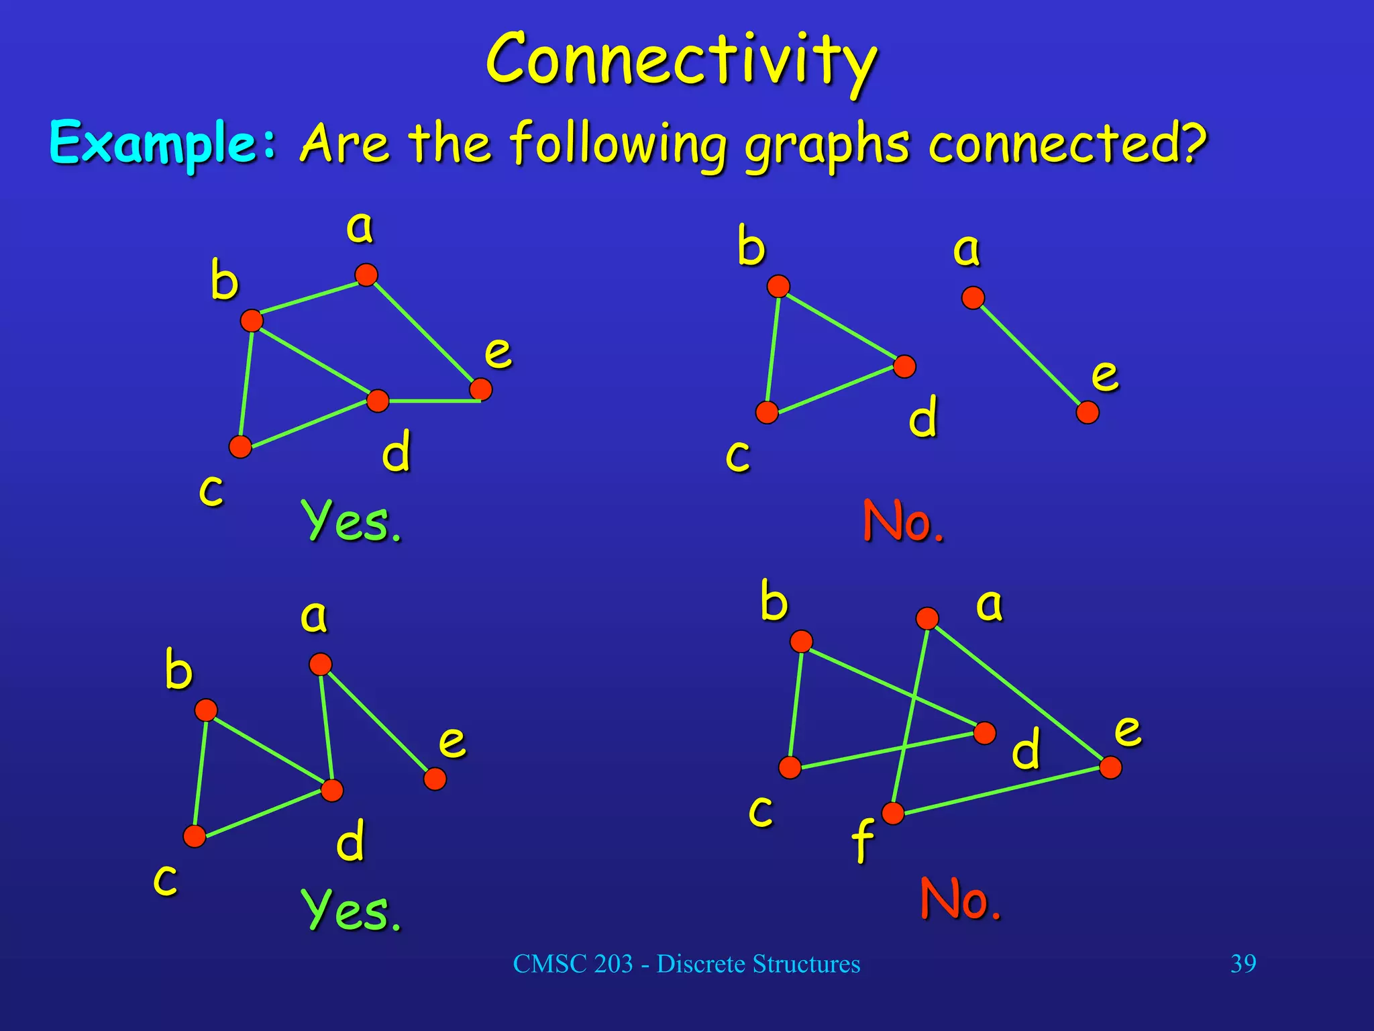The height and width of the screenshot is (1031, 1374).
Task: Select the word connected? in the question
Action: point(1067,144)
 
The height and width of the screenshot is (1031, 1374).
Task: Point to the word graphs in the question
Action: point(827,146)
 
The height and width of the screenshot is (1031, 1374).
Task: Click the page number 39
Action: point(1243,964)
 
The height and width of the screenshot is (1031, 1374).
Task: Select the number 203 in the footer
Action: point(613,964)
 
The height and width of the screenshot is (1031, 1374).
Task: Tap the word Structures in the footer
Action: point(806,964)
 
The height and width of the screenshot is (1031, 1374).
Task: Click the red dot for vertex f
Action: point(893,813)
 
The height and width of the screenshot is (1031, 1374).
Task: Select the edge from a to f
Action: point(910,715)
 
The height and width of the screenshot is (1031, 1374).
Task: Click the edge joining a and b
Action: point(309,298)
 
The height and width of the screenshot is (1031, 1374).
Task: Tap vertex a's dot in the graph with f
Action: point(927,618)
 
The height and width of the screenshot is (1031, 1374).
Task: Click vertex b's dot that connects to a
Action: point(252,320)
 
